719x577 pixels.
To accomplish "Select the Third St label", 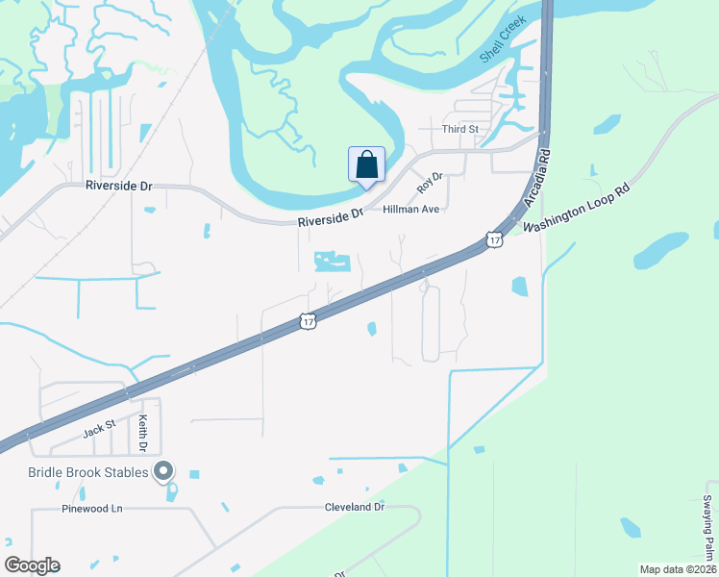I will [459, 129].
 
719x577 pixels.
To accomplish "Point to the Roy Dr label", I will [429, 182].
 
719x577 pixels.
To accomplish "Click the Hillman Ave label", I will [410, 209].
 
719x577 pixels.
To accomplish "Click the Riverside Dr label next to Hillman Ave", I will [331, 218].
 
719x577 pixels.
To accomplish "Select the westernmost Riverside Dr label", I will [119, 185].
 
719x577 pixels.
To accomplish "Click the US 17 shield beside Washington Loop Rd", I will [493, 238].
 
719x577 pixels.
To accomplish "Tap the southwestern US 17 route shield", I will [307, 320].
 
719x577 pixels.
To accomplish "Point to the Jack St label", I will [98, 428].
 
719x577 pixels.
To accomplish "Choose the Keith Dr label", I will [142, 434].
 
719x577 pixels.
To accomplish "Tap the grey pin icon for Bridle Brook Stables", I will [163, 471].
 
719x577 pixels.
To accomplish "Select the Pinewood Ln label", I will [93, 508].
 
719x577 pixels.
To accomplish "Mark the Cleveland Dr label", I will [354, 507].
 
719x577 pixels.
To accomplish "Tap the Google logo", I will [32, 565].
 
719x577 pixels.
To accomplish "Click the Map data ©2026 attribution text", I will [677, 569].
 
